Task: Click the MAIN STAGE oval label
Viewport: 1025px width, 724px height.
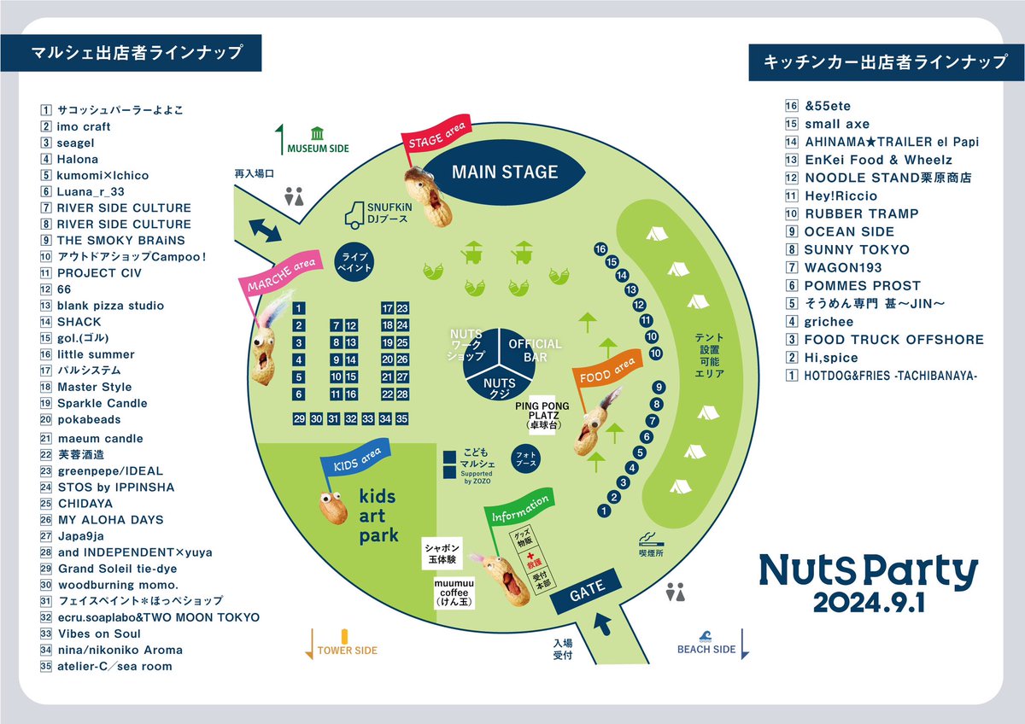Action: [504, 172]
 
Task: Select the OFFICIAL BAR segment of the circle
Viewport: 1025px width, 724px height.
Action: [535, 349]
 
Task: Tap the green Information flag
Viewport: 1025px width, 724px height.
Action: [519, 511]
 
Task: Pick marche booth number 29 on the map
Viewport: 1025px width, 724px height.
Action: [299, 418]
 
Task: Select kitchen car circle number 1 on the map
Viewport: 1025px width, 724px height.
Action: [605, 511]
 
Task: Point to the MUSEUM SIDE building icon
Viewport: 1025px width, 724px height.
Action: [318, 133]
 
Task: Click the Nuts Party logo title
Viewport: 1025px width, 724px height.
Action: [868, 572]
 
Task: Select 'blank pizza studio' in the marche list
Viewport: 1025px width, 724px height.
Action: [110, 306]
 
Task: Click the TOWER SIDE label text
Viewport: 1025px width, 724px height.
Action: [347, 650]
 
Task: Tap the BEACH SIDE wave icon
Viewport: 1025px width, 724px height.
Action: [705, 635]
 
